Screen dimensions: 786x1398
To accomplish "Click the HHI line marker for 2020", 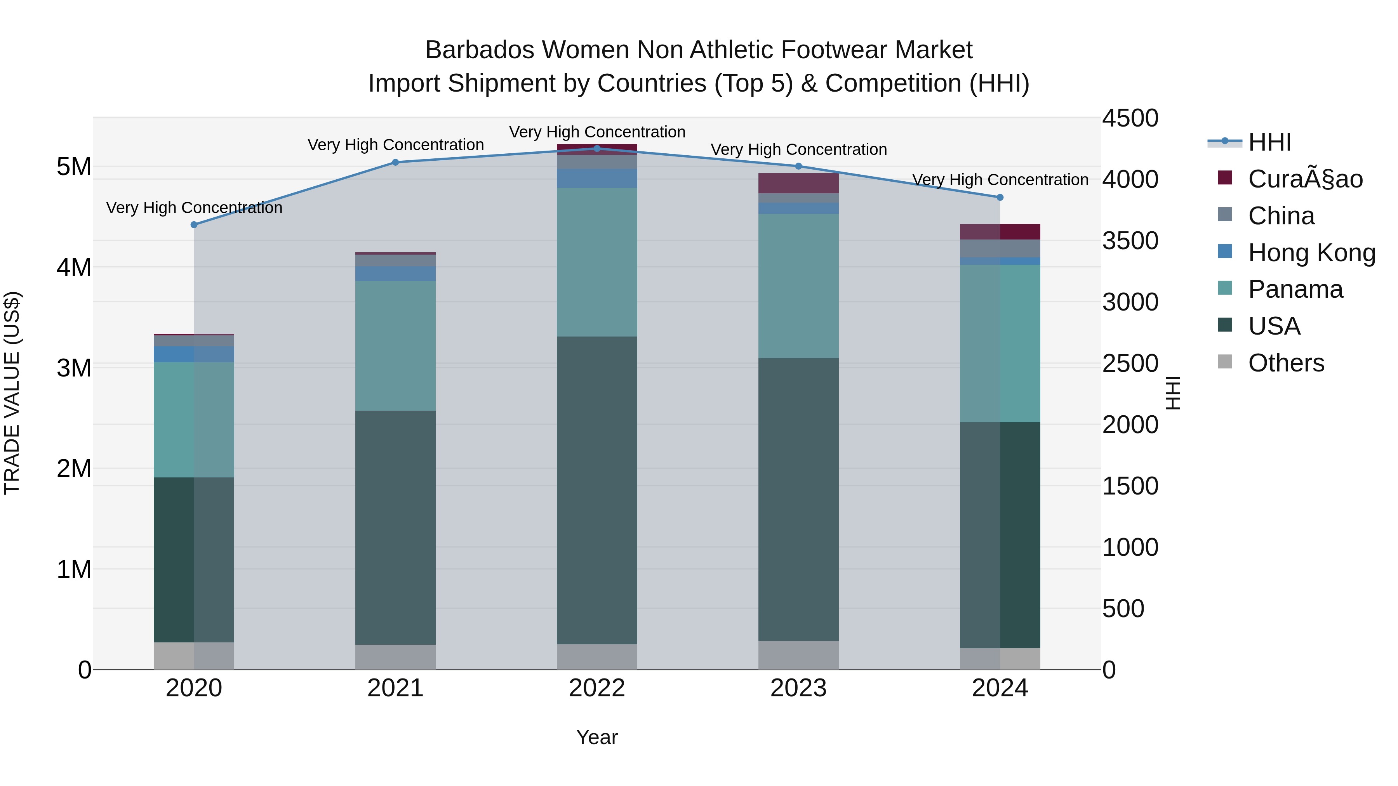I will pos(194,225).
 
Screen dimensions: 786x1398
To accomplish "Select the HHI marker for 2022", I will pos(597,148).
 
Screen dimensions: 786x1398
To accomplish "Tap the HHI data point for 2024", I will pos(1000,198).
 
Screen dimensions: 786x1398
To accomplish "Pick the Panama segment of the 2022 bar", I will pos(597,262).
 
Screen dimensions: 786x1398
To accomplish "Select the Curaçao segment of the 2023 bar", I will pos(798,183).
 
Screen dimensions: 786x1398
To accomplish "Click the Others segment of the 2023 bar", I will pos(798,655).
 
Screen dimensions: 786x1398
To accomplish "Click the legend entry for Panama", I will pos(1295,289).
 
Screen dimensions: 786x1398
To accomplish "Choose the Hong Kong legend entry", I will pos(1311,253).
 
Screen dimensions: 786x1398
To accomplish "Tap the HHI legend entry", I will pos(1269,142).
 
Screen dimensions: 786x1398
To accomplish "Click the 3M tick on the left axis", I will pos(74,368).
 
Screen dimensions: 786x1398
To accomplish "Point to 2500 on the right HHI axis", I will pos(1130,363).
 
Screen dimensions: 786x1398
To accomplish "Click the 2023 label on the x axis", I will pos(798,688).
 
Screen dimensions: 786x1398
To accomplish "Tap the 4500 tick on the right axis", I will pos(1130,118).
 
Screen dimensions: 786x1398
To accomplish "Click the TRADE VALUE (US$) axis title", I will pos(12,393).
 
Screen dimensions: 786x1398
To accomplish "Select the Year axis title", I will pos(596,737).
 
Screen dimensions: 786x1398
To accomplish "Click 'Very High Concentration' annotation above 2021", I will pos(396,145).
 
